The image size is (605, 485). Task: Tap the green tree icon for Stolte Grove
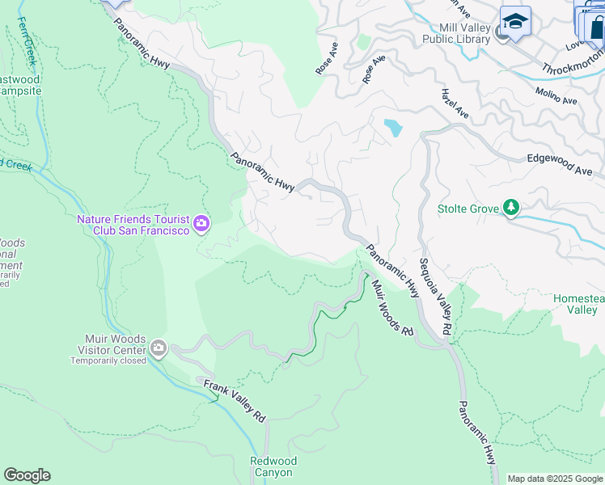coord(510,209)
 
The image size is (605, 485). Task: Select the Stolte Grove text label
coord(468,209)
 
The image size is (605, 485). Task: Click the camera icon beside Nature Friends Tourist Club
coord(201,223)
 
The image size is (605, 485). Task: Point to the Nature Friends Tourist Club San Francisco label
coord(133,225)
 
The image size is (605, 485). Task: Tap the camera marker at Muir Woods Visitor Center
coord(159,348)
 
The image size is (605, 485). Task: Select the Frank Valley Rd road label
coord(235,401)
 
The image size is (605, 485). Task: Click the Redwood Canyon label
coord(273,466)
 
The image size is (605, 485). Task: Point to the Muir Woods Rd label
coord(392,307)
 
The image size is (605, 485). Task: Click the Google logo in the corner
coord(27,475)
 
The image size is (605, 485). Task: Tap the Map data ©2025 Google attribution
coord(555,479)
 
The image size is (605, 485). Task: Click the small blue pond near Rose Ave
coord(393,127)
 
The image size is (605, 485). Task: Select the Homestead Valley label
coord(578,304)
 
